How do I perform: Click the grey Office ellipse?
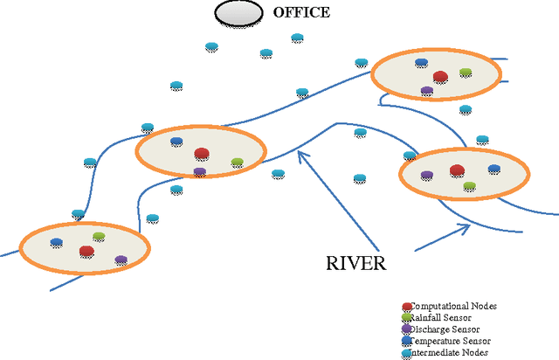(238, 13)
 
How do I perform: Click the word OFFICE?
(301, 12)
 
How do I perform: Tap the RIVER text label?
(355, 262)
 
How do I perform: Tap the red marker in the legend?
(407, 307)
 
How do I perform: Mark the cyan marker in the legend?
(407, 352)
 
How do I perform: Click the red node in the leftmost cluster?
(86, 252)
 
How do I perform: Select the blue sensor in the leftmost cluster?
(57, 243)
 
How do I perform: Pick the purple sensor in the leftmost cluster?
(121, 260)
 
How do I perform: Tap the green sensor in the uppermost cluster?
(466, 73)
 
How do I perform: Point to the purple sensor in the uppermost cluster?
(427, 90)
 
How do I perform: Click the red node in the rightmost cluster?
(456, 170)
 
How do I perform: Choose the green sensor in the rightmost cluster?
(469, 186)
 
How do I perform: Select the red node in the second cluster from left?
(202, 154)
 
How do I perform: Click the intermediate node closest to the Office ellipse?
(210, 46)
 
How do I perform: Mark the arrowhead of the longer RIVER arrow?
(300, 153)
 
